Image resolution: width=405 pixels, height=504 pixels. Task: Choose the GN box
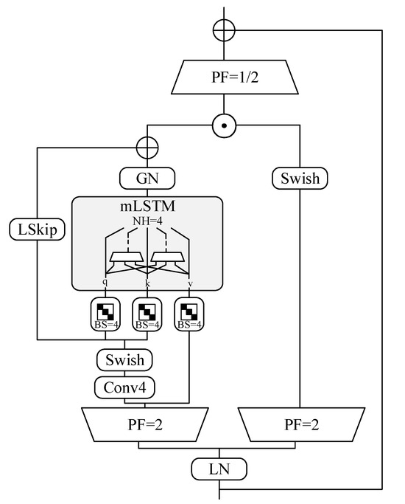click(x=147, y=178)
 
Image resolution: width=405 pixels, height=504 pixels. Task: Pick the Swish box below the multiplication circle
click(x=300, y=178)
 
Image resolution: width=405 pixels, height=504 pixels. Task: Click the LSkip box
click(x=38, y=229)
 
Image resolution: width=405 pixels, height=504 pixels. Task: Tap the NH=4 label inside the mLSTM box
click(x=147, y=221)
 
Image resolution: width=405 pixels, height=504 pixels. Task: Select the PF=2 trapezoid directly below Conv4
click(x=145, y=425)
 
